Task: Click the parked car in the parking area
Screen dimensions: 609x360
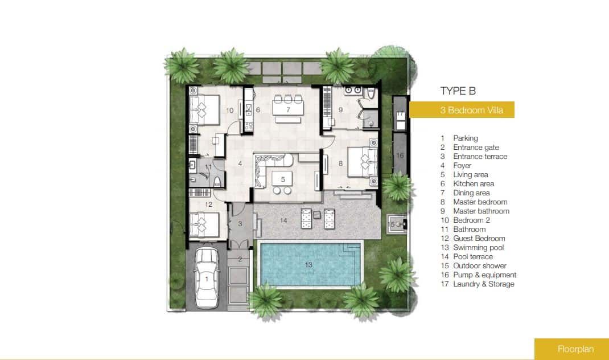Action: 207,278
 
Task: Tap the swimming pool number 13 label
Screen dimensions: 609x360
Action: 308,265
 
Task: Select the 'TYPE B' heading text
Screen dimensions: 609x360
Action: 458,91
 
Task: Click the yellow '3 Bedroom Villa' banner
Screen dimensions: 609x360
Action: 462,109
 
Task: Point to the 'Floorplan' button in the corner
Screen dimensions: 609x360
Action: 571,349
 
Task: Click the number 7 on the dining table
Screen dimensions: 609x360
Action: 288,110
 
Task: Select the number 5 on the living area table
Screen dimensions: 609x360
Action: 283,179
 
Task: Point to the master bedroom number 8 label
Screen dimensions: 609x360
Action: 340,163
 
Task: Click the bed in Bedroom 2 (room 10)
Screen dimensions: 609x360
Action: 204,109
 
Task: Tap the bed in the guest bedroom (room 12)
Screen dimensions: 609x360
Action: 204,224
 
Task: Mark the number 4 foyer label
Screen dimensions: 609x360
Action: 240,163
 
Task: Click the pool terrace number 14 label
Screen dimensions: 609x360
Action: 283,220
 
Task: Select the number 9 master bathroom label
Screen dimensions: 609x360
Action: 340,110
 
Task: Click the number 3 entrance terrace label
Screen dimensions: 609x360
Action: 240,224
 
